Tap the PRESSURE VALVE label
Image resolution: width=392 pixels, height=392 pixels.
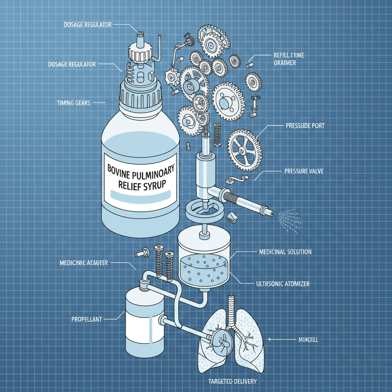[x=304, y=171]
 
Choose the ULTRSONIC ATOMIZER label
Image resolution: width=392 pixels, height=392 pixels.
[x=283, y=284]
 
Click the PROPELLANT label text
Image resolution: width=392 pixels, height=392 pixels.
[x=87, y=319]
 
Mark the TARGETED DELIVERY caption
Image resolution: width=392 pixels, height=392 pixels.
[x=232, y=382]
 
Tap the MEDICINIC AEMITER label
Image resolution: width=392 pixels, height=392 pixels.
[x=84, y=263]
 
